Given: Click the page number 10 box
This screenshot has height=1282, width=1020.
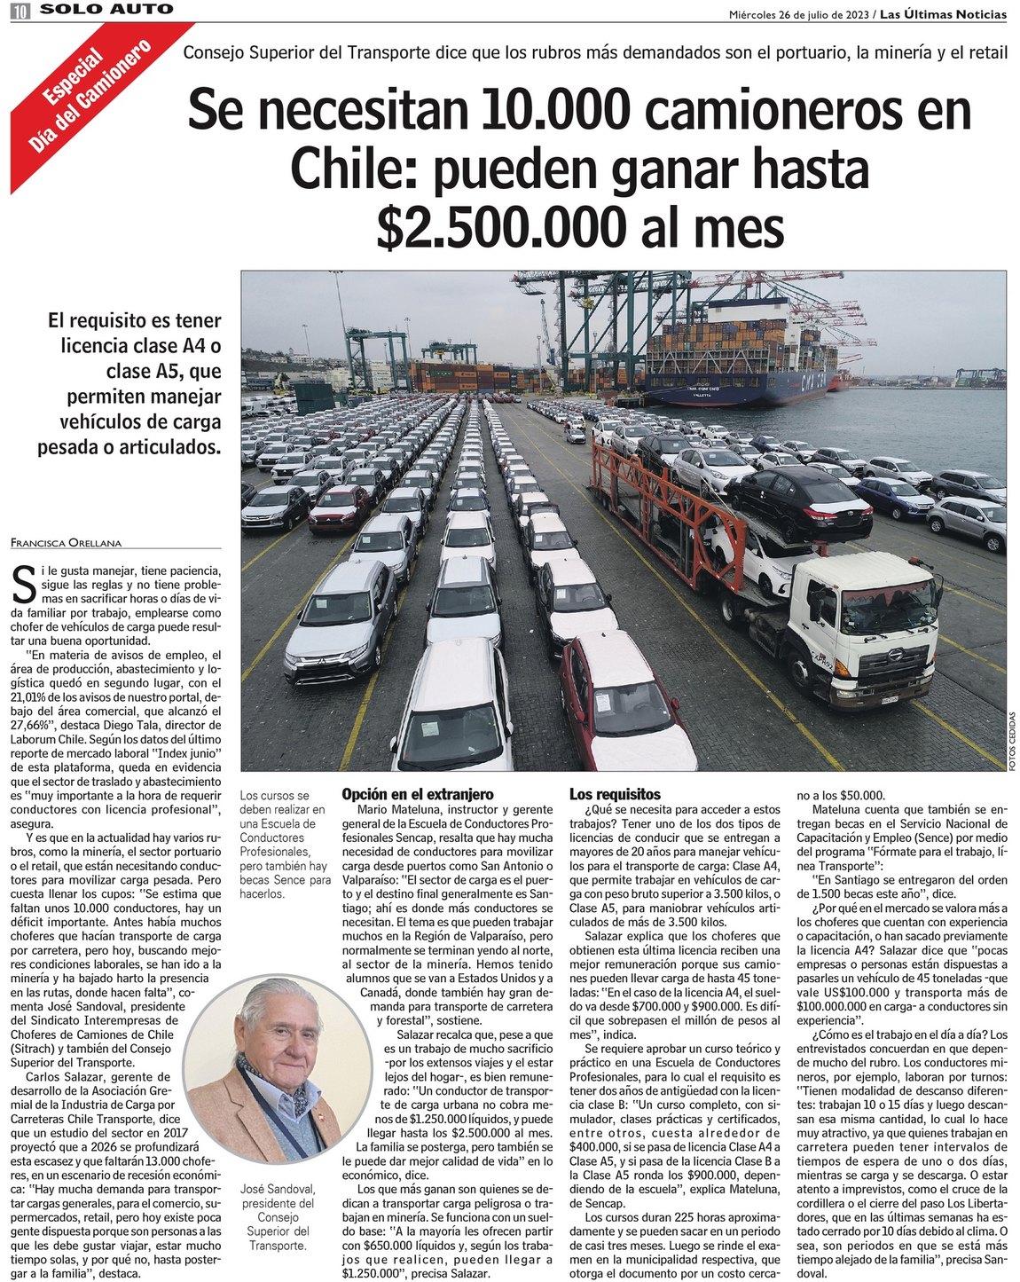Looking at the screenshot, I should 20,11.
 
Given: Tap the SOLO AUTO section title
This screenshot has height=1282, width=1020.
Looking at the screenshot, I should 106,10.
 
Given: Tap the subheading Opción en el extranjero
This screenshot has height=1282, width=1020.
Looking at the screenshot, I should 417,794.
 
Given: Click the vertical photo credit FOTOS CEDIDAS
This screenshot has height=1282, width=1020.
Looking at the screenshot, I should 1012,741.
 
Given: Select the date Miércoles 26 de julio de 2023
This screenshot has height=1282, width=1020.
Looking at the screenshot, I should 796,14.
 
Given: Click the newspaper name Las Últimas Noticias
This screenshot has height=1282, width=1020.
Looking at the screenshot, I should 943,14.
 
